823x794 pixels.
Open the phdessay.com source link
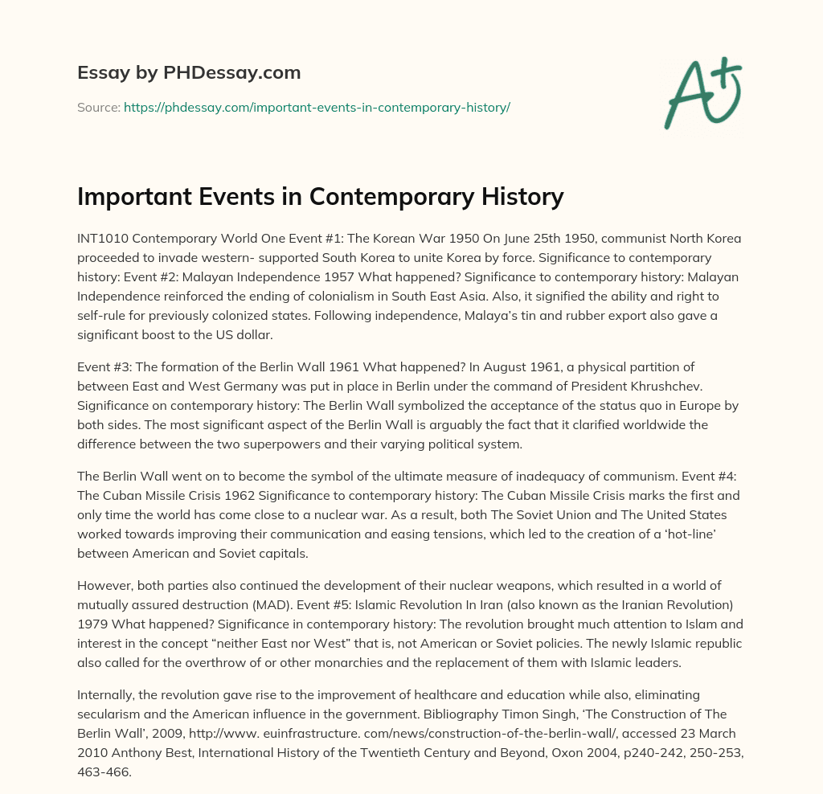point(317,107)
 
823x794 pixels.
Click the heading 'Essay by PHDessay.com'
point(189,72)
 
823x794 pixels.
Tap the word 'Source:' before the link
point(99,107)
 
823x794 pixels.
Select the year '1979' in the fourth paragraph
point(92,612)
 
